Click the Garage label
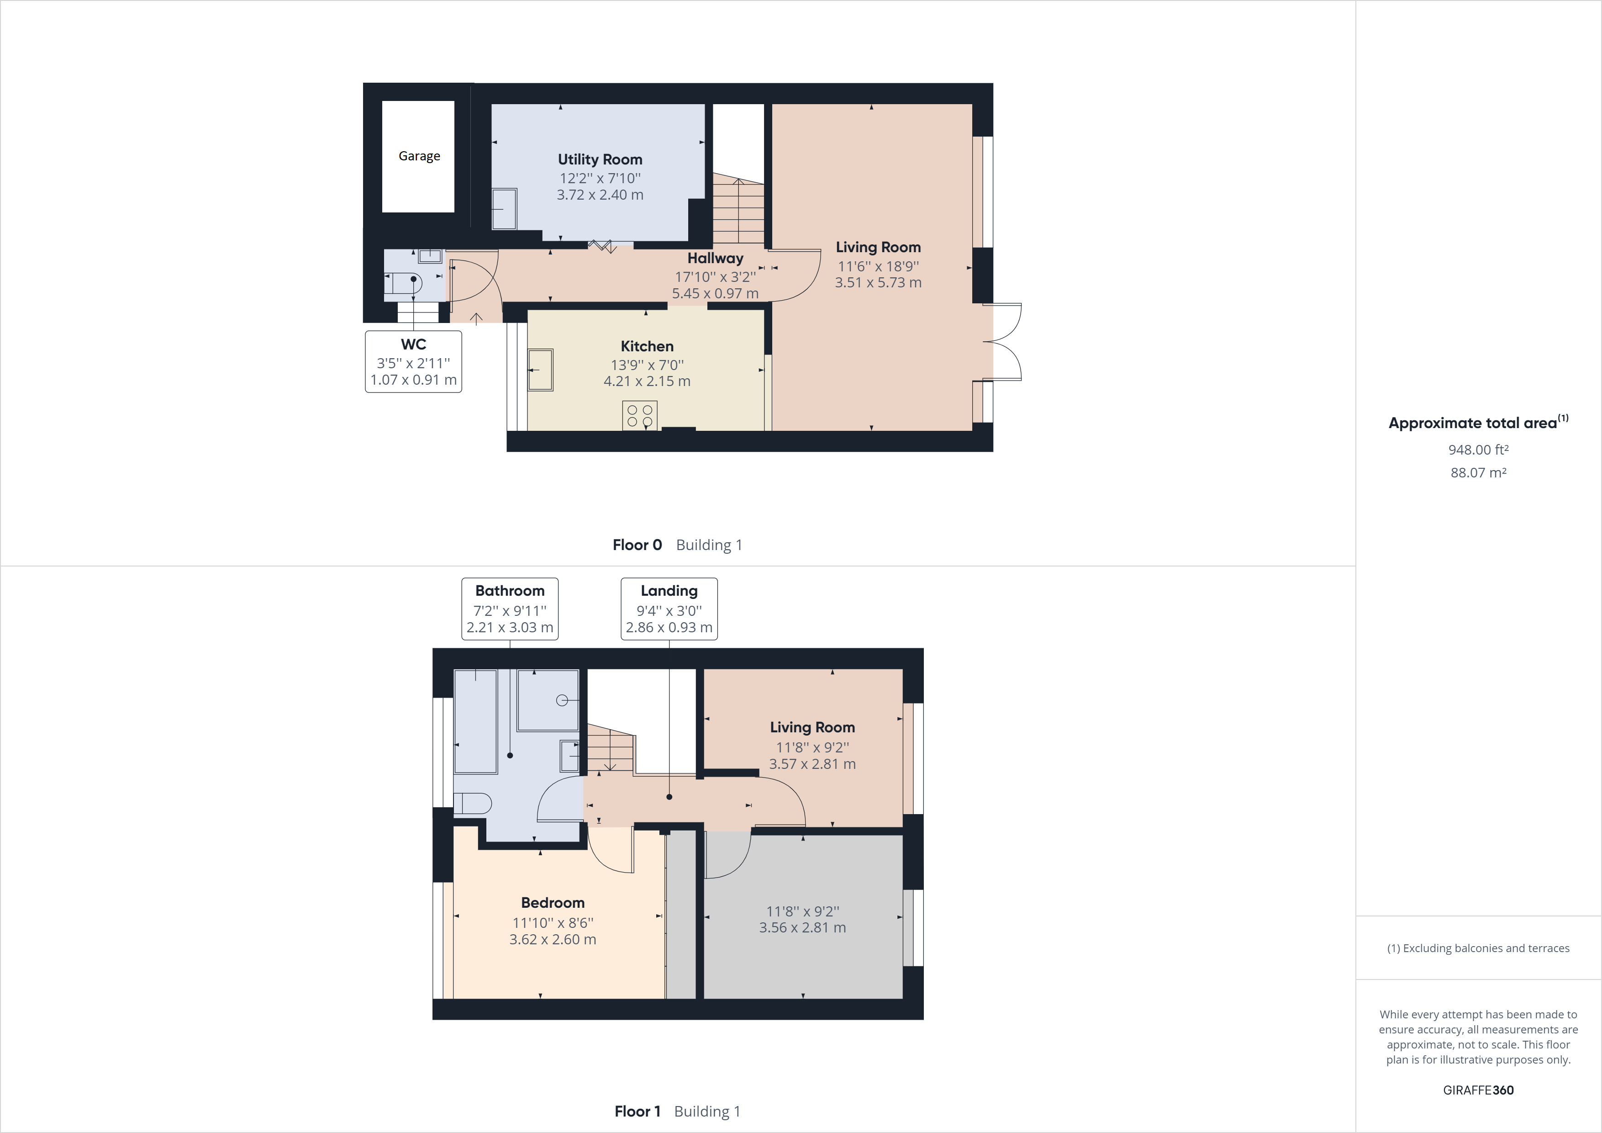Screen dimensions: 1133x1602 [x=419, y=156]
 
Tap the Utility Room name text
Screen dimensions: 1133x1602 [x=599, y=159]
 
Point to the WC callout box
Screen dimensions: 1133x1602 [x=413, y=362]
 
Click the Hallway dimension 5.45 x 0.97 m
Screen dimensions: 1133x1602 [x=715, y=293]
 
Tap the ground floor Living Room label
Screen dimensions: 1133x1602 [x=878, y=247]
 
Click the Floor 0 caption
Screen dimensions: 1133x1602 [x=636, y=545]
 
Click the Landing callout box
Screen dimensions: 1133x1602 [x=669, y=608]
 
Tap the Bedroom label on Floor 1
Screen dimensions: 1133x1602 [x=553, y=903]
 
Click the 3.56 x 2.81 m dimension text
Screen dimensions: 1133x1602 [x=802, y=928]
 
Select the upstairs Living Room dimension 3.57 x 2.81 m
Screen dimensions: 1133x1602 [x=812, y=764]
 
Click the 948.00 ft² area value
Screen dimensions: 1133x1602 [x=1478, y=450]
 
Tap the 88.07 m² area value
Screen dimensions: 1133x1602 [x=1478, y=472]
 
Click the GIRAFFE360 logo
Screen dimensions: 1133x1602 [x=1478, y=1090]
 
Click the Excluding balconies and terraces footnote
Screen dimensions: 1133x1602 [x=1478, y=948]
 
